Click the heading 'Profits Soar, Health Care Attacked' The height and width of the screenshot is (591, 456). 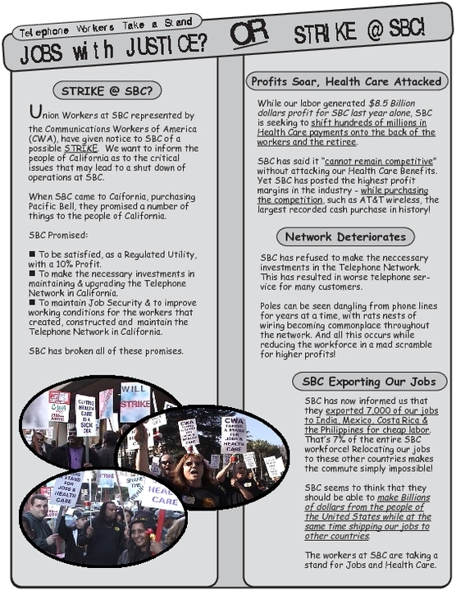[347, 81]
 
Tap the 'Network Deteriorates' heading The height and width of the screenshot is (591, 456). [344, 237]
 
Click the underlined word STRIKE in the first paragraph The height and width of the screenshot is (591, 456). [80, 150]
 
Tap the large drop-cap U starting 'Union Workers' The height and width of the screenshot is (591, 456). [34, 113]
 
